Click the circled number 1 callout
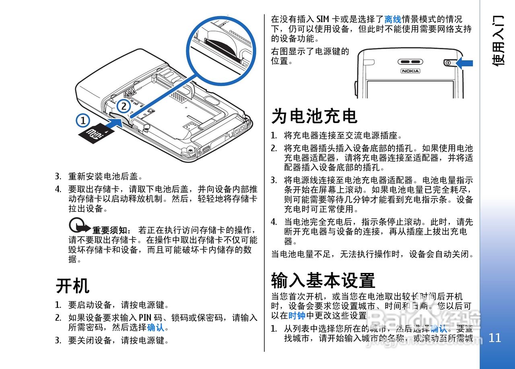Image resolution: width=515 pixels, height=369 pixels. [x=82, y=121]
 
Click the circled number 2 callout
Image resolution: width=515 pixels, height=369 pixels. [x=124, y=107]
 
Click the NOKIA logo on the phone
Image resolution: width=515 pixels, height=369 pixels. [x=410, y=71]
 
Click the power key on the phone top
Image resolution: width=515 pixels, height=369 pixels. [x=448, y=62]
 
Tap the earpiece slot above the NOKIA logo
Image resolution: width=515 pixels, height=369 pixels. [x=410, y=62]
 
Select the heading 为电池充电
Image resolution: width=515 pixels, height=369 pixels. [x=314, y=116]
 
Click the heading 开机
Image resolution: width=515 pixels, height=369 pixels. [x=72, y=286]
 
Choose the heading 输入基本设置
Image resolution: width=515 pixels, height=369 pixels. [x=323, y=280]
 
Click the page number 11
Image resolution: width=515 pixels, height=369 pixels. [x=495, y=338]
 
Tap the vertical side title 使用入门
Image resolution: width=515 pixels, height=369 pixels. [x=498, y=40]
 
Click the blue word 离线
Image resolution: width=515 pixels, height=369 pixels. [x=393, y=19]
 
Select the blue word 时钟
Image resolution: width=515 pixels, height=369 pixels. [x=297, y=316]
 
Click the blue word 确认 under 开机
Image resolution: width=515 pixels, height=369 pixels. [x=156, y=328]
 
